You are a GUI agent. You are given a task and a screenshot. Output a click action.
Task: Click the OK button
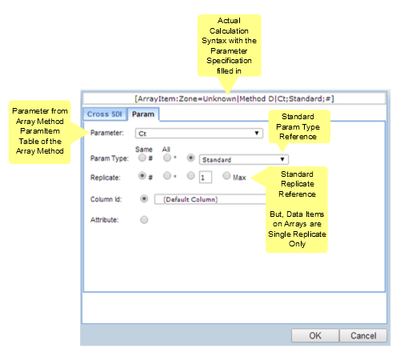coord(315,335)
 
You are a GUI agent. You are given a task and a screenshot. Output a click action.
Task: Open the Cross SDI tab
coord(105,114)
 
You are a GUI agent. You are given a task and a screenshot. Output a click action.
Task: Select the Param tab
coord(143,114)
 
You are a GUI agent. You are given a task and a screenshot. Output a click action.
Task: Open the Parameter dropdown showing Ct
coord(199,134)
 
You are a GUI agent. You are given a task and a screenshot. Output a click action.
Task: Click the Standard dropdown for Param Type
coord(244,159)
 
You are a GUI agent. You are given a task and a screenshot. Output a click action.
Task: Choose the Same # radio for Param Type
coord(142,158)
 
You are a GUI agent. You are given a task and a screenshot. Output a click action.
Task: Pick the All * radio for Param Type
coord(167,158)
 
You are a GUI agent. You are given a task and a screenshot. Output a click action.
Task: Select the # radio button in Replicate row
coord(142,176)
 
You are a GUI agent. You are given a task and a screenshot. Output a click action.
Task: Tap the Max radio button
coord(226,176)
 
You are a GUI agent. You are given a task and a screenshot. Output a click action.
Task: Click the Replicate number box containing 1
coord(206,177)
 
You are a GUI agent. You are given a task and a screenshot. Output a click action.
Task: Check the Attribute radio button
coord(144,220)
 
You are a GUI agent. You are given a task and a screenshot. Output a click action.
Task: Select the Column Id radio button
coord(144,198)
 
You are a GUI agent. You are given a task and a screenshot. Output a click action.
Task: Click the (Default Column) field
coord(210,199)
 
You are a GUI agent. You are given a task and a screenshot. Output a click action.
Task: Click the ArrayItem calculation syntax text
coord(234,98)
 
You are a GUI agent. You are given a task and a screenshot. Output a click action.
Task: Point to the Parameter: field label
coord(107,133)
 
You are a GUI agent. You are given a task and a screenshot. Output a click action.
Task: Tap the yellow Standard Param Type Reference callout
coord(299,126)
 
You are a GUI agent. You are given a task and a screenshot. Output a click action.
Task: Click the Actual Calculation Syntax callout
coord(229,46)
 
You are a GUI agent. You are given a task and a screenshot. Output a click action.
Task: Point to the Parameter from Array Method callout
coord(40,132)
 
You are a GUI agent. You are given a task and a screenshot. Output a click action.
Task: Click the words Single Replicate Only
coord(297,239)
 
